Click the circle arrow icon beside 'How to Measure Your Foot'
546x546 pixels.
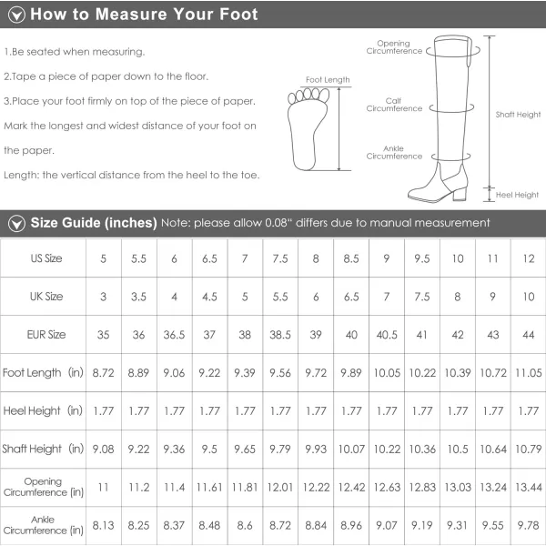(x=16, y=15)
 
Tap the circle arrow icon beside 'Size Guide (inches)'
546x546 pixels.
(x=16, y=223)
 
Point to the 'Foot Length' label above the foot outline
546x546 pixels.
(x=328, y=80)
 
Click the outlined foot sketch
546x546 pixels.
(x=308, y=129)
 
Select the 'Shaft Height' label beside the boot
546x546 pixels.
(x=518, y=115)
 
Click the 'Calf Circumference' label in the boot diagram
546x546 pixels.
(x=394, y=105)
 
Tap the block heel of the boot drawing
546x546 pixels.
(x=460, y=193)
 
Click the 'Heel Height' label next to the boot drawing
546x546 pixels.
(x=517, y=195)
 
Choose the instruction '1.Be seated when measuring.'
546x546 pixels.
(x=75, y=52)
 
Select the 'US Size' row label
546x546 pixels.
(x=46, y=258)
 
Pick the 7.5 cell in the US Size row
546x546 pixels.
(x=280, y=258)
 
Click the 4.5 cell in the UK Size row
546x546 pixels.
(x=209, y=297)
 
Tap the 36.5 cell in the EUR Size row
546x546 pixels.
(x=174, y=335)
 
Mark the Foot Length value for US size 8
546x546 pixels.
(x=316, y=373)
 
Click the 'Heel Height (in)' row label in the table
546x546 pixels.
(x=43, y=411)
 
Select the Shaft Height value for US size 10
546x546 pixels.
(x=458, y=450)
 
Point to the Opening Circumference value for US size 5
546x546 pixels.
(x=104, y=487)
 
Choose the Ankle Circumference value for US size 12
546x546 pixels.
(x=528, y=525)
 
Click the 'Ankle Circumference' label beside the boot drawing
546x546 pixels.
(x=394, y=153)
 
